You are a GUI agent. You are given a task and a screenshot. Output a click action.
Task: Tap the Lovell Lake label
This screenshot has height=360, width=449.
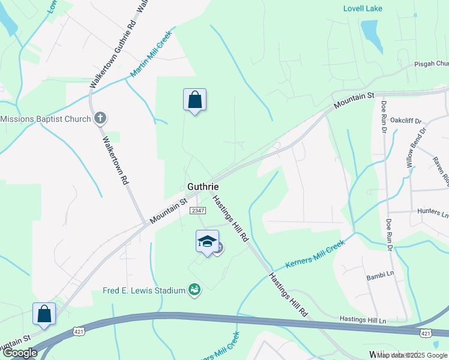click(x=362, y=8)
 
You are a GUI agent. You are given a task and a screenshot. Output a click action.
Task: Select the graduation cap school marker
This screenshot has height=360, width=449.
click(x=207, y=241)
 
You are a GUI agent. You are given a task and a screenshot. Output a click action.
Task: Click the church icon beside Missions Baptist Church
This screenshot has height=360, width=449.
click(x=101, y=118)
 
